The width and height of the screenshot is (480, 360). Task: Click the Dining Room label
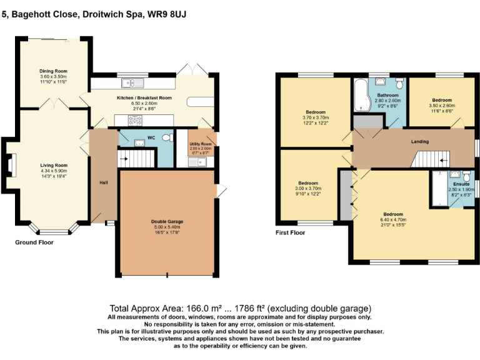click(x=53, y=71)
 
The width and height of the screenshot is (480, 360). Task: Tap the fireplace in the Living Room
click(x=12, y=164)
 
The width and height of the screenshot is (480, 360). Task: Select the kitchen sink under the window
click(x=133, y=82)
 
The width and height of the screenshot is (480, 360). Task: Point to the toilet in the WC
click(x=166, y=138)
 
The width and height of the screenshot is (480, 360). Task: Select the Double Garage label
click(x=167, y=221)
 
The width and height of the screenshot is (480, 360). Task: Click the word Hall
click(x=104, y=183)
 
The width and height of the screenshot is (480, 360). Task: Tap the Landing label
click(x=419, y=142)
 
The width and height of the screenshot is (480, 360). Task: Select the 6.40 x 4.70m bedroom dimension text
click(x=392, y=220)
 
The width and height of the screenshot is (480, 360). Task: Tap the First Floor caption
click(x=291, y=232)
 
